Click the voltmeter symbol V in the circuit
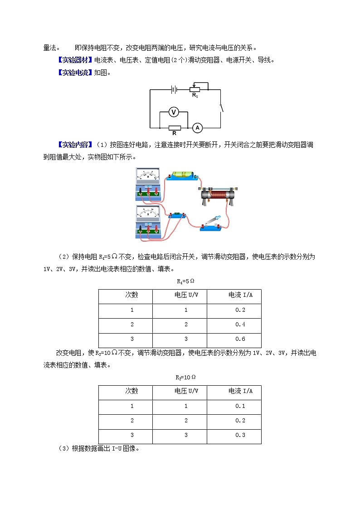pos(173,112)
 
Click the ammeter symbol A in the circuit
pos(197,128)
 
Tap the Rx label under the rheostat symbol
pos(195,95)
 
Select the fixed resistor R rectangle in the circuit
pos(175,128)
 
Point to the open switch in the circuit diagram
pos(221,107)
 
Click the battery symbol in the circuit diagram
pos(173,90)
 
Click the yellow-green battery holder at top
pos(180,175)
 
